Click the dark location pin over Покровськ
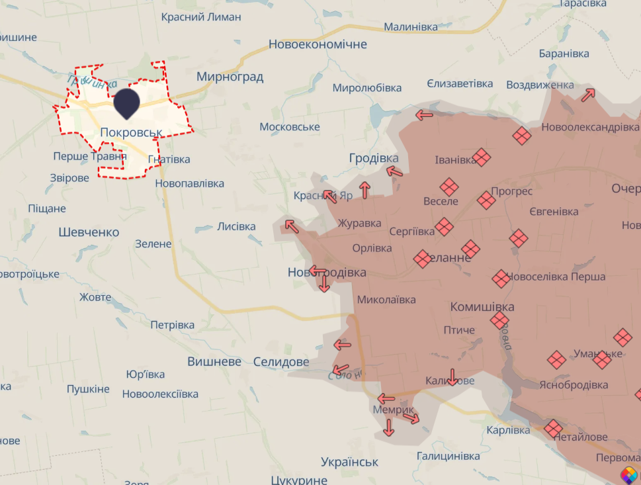click(126, 103)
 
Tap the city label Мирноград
click(230, 77)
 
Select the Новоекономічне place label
click(318, 44)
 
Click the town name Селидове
click(281, 362)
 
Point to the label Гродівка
click(374, 158)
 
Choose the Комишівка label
click(482, 307)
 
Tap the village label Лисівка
click(236, 226)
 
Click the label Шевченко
click(89, 232)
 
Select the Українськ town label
click(349, 462)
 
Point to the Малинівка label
click(411, 27)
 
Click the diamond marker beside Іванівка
click(482, 157)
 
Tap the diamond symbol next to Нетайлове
click(553, 429)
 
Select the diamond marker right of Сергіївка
click(445, 227)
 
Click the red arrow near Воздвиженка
click(588, 95)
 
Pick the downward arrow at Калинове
click(452, 376)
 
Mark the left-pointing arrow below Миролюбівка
click(424, 114)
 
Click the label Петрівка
click(172, 325)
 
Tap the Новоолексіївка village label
click(160, 394)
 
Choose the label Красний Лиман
click(201, 17)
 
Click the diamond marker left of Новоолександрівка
click(522, 136)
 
